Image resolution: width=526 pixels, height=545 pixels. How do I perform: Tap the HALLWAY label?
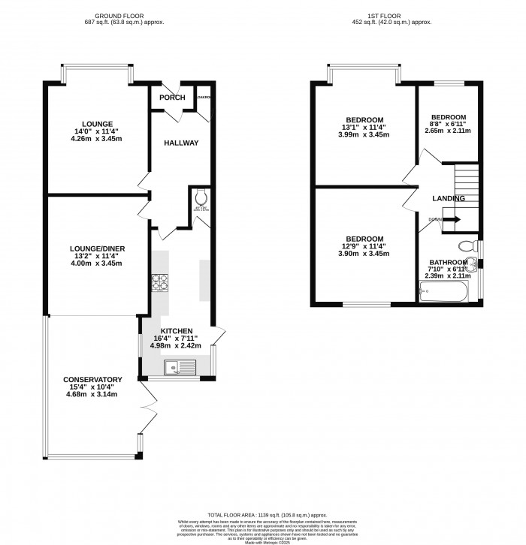pos(180,143)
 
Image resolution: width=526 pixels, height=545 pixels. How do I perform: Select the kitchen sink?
pos(180,368)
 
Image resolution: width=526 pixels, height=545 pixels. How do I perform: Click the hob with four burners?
pos(161,282)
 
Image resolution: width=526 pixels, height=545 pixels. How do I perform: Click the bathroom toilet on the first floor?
pos(465,245)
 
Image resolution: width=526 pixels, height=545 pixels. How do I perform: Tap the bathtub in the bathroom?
pos(443,288)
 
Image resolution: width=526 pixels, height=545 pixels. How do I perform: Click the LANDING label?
pos(448,198)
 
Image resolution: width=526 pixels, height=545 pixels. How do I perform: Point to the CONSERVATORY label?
pos(93,379)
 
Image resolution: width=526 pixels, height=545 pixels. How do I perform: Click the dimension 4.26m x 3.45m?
pos(97,139)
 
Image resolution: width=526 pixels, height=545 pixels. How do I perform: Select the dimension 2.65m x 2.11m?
pos(449,131)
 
